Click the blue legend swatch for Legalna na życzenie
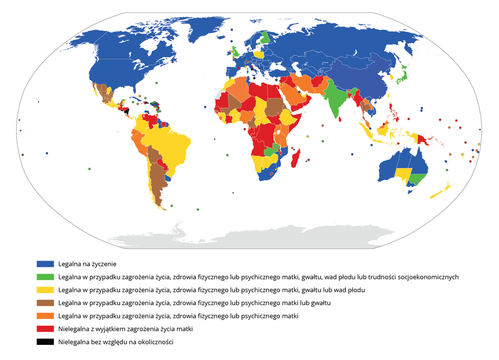pyautogui.click(x=45, y=264)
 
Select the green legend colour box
pyautogui.click(x=45, y=277)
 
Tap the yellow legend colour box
pyautogui.click(x=45, y=290)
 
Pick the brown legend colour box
pyautogui.click(x=45, y=303)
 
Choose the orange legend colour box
pyautogui.click(x=45, y=316)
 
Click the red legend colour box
pyautogui.click(x=45, y=329)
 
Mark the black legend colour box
pyautogui.click(x=45, y=342)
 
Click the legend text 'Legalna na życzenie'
pyautogui.click(x=87, y=264)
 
